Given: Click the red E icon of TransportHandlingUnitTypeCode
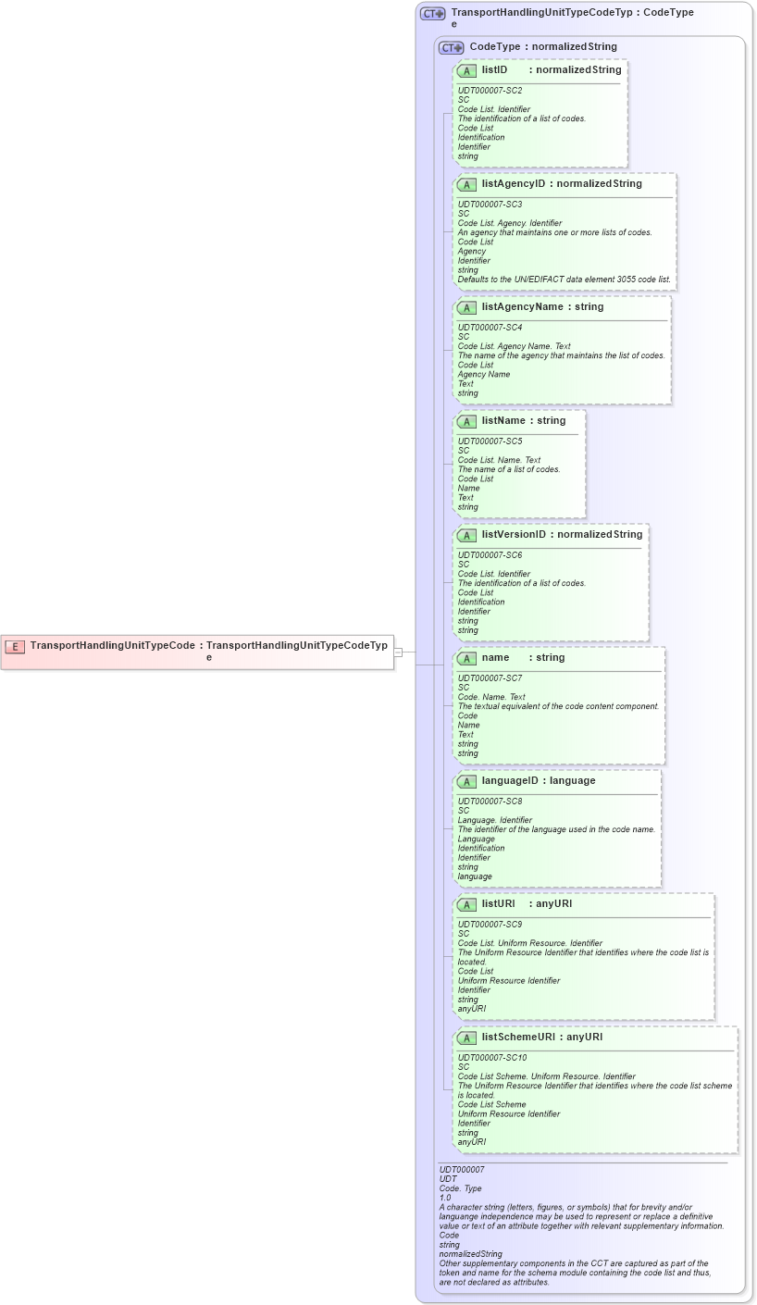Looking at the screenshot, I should point(15,647).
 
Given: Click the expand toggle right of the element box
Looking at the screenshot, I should point(398,652).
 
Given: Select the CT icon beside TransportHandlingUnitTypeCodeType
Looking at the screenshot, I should point(432,14).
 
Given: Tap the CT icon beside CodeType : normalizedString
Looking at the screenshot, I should point(451,47).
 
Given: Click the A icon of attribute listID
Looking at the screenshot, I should point(466,70).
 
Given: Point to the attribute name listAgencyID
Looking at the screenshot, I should point(514,183).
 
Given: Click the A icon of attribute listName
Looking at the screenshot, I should point(466,421).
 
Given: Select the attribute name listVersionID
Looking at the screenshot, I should point(514,534).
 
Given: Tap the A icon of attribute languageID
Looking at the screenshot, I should point(466,781).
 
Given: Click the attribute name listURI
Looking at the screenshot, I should point(498,903).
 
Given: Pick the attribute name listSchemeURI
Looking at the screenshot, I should point(518,1037).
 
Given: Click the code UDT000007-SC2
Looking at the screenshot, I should point(490,91).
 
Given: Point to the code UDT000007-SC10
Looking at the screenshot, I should point(492,1057).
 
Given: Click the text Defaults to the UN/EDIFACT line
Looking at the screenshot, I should point(564,280).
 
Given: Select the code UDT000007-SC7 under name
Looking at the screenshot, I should point(490,677).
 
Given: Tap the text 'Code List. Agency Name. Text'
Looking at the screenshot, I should point(514,346).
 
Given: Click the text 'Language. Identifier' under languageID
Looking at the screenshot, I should point(494,820).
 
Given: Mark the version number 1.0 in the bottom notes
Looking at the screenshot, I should point(445,1198).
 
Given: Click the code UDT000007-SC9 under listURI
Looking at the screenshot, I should point(490,924).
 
